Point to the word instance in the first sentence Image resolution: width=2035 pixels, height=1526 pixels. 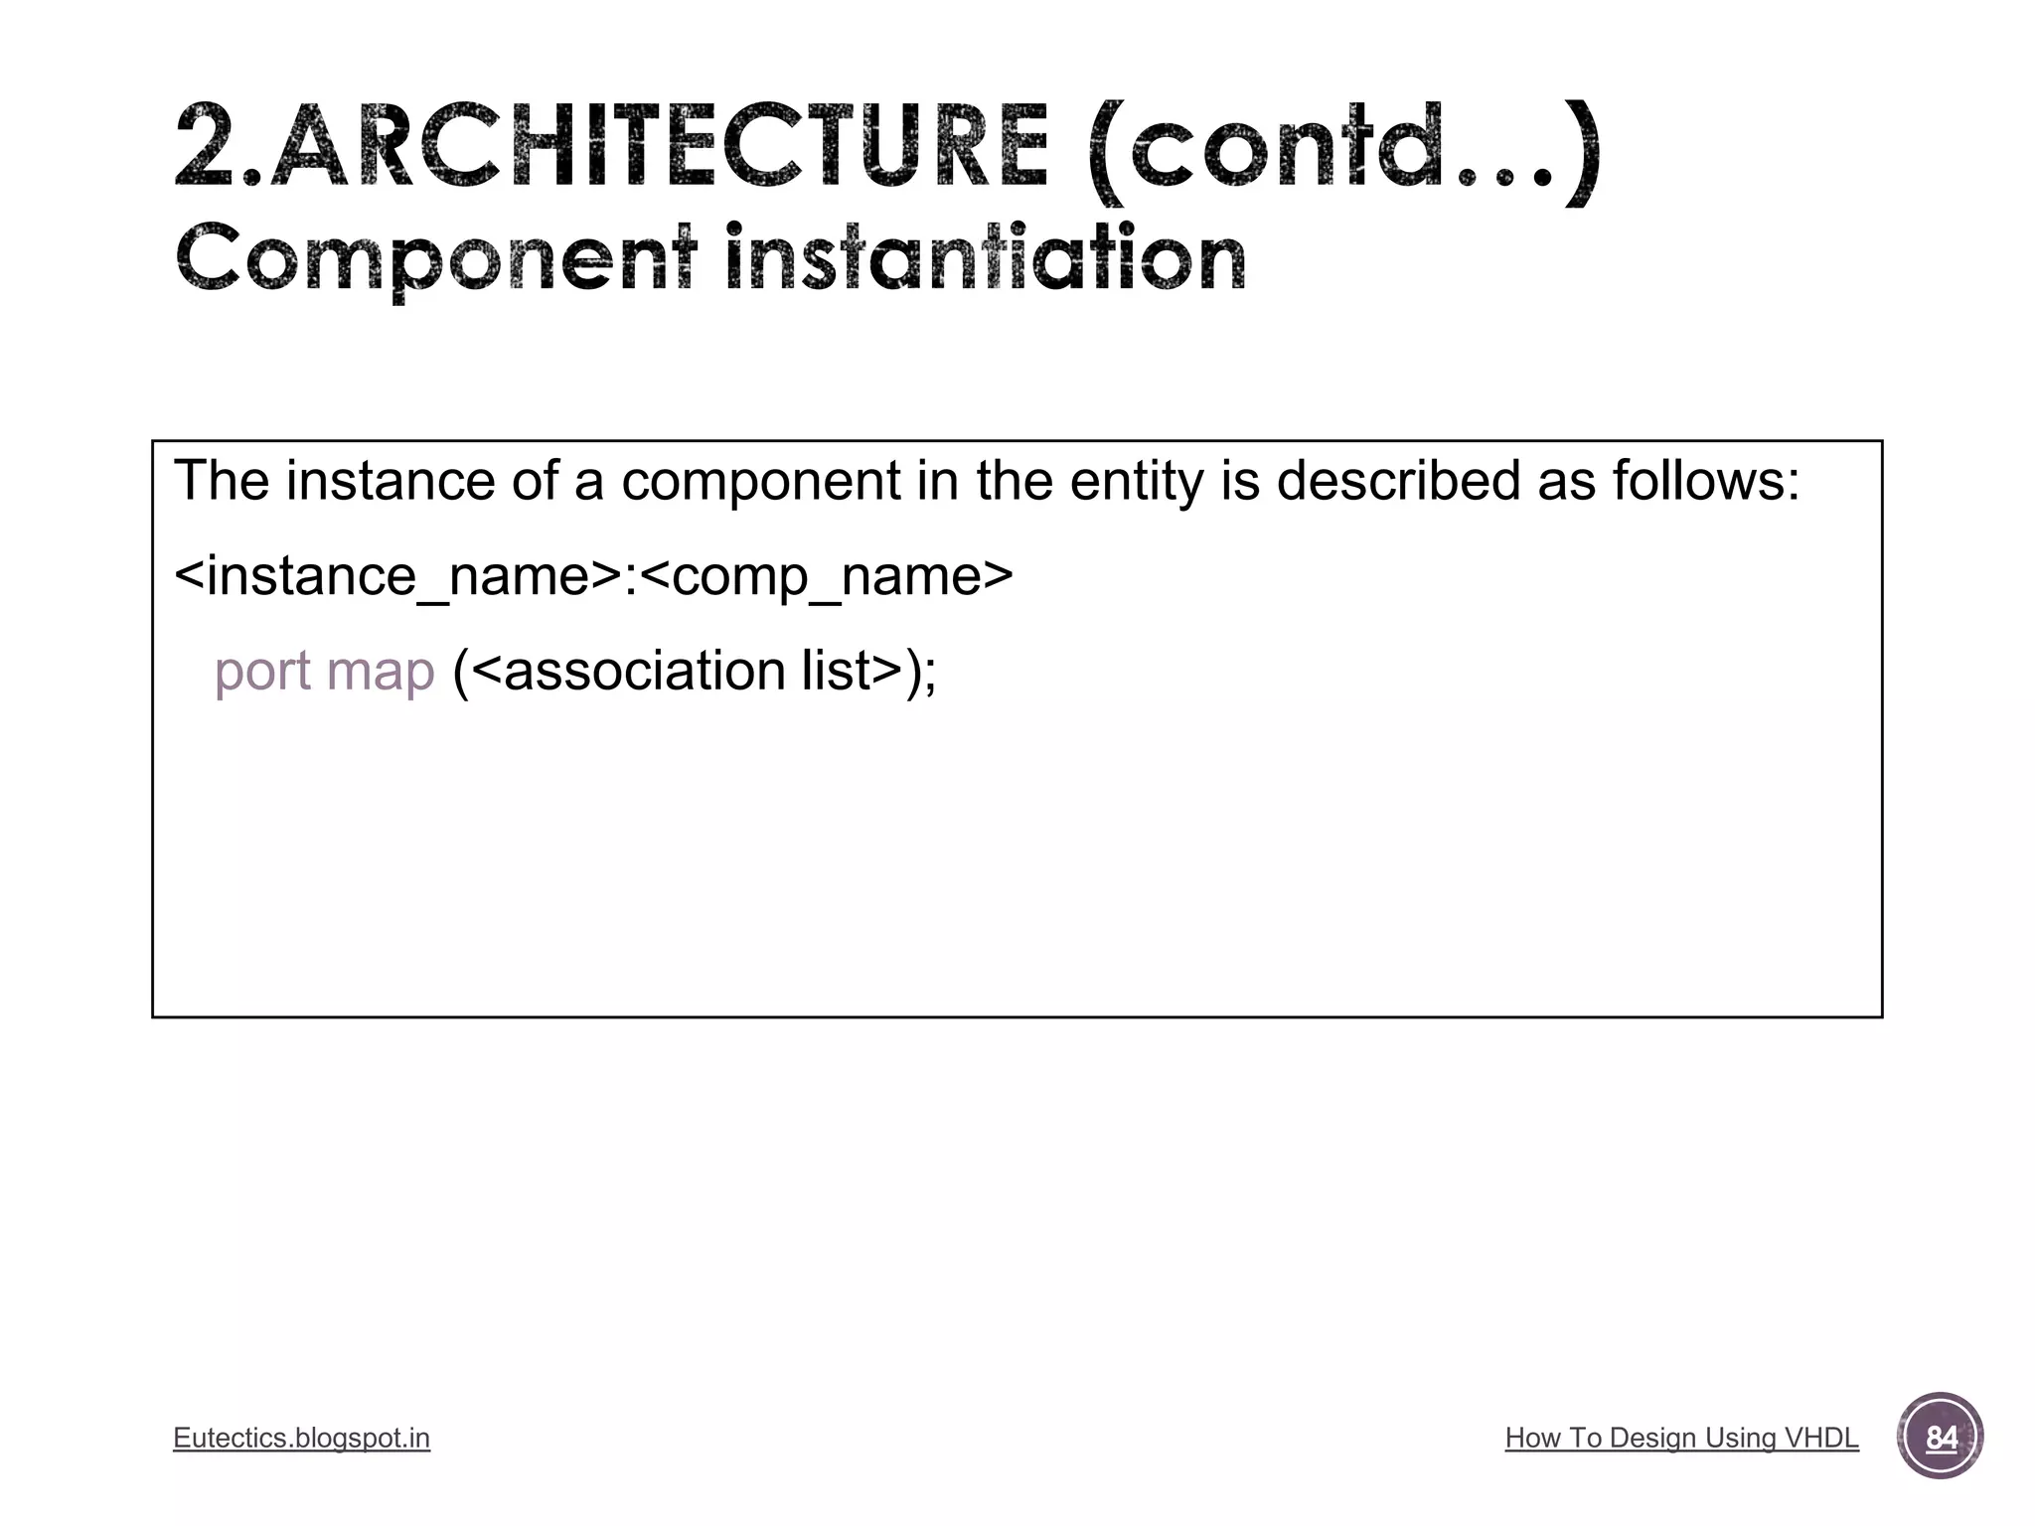390,481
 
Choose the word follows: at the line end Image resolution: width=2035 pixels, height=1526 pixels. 1705,481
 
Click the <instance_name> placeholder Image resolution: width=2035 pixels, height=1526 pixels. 397,576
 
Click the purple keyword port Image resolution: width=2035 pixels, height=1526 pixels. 262,672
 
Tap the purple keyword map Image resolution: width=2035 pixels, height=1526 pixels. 381,672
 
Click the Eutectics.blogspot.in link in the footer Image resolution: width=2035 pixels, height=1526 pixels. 301,1438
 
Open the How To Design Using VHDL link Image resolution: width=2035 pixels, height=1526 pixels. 1681,1438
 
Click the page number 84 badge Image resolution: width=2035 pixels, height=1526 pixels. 1940,1437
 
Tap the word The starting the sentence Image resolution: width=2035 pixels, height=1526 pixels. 222,481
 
